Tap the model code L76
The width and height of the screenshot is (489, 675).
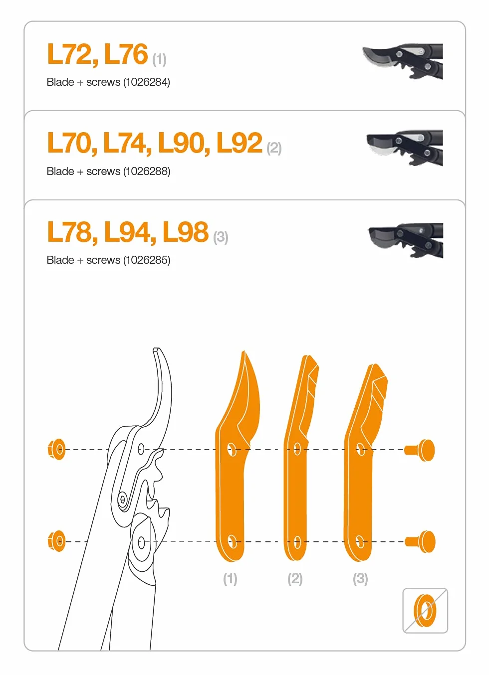(x=126, y=54)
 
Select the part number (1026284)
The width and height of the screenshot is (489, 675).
(x=147, y=82)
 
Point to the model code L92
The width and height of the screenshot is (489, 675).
(x=239, y=143)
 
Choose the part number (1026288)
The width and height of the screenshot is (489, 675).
(x=147, y=171)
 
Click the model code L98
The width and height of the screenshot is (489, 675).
(x=185, y=232)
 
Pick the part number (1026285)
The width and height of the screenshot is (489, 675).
(x=147, y=260)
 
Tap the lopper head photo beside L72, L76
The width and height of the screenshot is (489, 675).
(x=403, y=61)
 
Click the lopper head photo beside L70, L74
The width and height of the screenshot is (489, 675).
(x=405, y=148)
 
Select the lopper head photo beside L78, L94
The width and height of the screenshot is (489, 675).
(x=406, y=240)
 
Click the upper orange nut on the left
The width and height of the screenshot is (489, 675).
(x=56, y=449)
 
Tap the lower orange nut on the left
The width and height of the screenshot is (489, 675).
(x=56, y=541)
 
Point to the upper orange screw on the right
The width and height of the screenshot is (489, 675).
(x=420, y=450)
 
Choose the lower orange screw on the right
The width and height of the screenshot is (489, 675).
(x=420, y=542)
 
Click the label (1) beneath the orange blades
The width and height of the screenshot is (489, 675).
(x=230, y=579)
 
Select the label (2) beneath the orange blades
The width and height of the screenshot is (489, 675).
(x=295, y=579)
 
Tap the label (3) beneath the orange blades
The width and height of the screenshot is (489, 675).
(x=360, y=579)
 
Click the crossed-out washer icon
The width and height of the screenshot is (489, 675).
(x=425, y=611)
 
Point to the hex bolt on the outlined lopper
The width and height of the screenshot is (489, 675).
(x=122, y=500)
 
